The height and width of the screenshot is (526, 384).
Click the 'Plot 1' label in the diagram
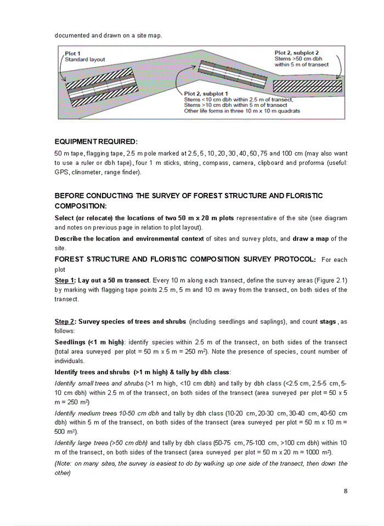point(72,54)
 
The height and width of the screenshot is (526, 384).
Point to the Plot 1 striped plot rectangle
point(100,86)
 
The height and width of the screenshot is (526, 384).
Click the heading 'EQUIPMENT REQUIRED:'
point(96,141)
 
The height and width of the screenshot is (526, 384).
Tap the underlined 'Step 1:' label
point(65,280)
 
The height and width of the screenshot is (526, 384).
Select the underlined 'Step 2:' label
point(65,322)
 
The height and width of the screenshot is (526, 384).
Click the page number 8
point(346,491)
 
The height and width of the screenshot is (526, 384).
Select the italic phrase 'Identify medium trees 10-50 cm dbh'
point(106,413)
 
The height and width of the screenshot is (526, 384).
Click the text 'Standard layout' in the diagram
point(85,60)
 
